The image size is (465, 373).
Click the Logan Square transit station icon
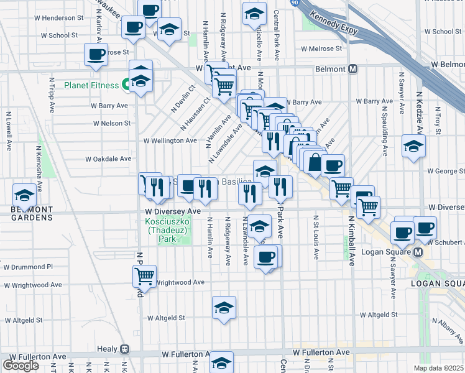[418, 252]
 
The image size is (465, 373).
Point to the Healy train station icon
[124, 349]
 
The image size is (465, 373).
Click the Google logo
[21, 365]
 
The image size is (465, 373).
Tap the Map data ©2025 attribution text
[438, 368]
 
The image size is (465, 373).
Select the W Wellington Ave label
[170, 140]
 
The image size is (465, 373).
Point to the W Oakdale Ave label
[108, 159]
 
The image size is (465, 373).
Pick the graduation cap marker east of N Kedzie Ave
[413, 147]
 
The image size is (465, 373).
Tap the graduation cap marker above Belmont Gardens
[24, 196]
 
